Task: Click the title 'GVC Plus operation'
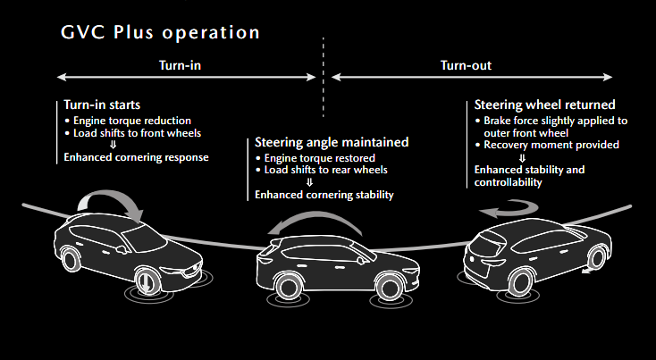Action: (161, 32)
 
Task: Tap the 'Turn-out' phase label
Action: (466, 65)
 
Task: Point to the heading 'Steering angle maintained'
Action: (332, 142)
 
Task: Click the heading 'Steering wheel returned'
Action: (543, 105)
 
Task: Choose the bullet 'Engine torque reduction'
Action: (131, 121)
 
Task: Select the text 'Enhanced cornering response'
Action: (136, 157)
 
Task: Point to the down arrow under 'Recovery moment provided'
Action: (522, 157)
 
